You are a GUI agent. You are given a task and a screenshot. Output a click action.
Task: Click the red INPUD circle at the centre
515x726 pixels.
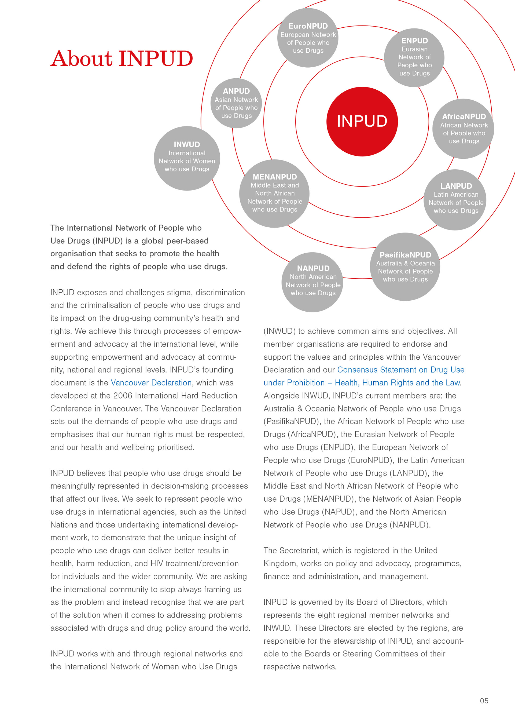pos(362,122)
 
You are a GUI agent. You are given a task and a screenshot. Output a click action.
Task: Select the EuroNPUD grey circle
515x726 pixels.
pos(308,38)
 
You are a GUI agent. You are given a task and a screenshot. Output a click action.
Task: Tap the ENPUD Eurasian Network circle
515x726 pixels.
pos(414,57)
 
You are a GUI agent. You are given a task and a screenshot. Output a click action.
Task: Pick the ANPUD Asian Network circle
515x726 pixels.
pos(236,103)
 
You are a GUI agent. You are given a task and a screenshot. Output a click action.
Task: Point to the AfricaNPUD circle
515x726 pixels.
pos(463,129)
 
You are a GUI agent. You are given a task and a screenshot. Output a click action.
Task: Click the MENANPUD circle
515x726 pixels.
pos(274,193)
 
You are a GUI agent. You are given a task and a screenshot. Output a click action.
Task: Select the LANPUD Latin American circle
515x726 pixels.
pos(455,200)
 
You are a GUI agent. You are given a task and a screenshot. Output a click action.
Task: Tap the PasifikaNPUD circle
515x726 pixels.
pos(405,267)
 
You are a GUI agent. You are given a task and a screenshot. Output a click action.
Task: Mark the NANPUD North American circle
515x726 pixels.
pos(313,282)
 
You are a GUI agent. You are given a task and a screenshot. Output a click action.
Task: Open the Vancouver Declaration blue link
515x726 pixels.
pos(151,383)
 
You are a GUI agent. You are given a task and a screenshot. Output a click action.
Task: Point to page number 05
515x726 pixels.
pos(484,701)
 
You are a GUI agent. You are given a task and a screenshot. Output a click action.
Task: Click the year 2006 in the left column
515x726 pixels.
pos(123,396)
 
